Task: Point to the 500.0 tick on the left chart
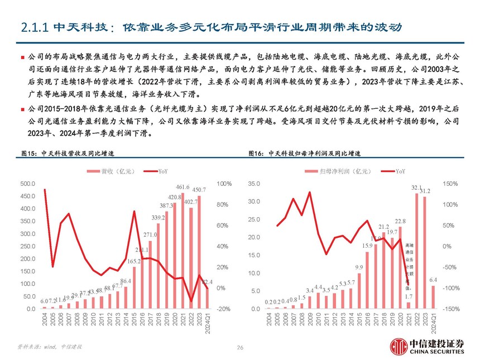27,184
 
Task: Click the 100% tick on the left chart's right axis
224,184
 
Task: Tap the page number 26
240,347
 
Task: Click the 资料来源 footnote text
50,347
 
